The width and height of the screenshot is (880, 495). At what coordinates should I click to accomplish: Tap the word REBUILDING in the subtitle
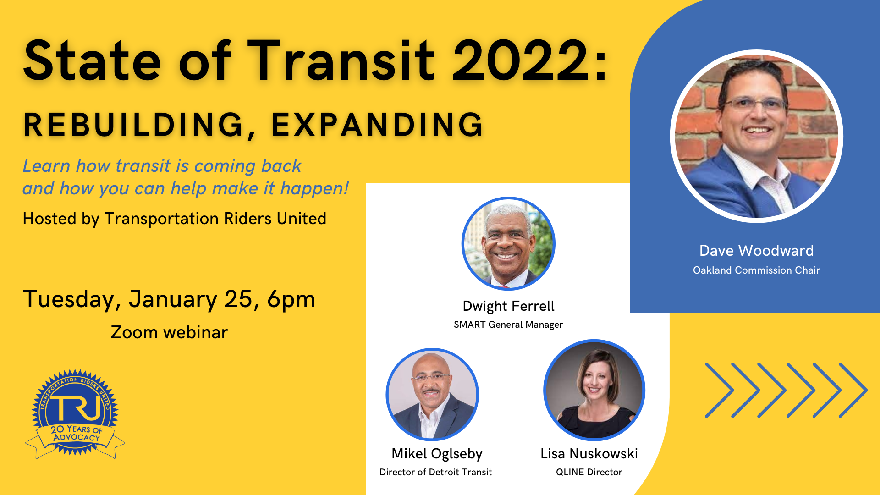coord(133,125)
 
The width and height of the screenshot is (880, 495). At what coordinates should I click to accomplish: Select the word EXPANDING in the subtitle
coord(377,125)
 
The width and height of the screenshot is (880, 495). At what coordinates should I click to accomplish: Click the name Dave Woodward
coord(756,251)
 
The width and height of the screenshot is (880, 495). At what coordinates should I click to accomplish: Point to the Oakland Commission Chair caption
coord(756,270)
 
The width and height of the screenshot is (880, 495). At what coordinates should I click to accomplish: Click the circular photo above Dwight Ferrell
coord(508,243)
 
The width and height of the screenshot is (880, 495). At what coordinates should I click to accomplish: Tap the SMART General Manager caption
coord(508,324)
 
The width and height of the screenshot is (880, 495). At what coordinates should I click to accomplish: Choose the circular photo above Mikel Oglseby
coord(432,395)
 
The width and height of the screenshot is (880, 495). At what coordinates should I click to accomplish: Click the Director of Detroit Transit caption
coord(435,472)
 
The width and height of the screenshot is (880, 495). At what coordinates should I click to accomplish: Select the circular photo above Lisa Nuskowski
coord(594,390)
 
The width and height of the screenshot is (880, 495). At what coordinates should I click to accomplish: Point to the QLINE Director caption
coord(589,472)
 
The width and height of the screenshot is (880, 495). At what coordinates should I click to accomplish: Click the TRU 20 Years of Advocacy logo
coord(75,413)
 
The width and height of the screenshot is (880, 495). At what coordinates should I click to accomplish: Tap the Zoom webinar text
coord(169,332)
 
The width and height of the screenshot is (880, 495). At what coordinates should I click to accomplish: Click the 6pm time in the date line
coord(291,299)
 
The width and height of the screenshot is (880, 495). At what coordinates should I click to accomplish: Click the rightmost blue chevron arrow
coord(853,390)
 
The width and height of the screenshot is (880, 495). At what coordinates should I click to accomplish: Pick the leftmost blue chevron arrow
coord(720,390)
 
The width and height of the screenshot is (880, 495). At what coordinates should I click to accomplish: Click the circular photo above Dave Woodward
coord(757,136)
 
